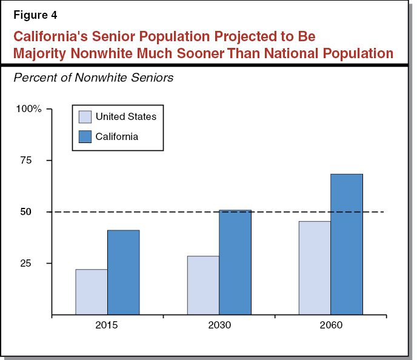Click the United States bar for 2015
click(92, 292)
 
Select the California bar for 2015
click(123, 273)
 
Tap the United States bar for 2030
click(203, 285)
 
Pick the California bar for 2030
click(235, 262)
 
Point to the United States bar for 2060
click(315, 268)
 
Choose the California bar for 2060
click(346, 244)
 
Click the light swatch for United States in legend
click(85, 117)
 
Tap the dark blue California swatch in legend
click(85, 136)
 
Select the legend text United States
click(125, 117)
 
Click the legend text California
click(116, 136)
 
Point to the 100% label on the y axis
click(29, 109)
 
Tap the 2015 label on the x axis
click(107, 325)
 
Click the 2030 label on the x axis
click(219, 325)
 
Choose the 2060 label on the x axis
click(330, 325)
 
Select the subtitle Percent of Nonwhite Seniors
click(93, 78)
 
